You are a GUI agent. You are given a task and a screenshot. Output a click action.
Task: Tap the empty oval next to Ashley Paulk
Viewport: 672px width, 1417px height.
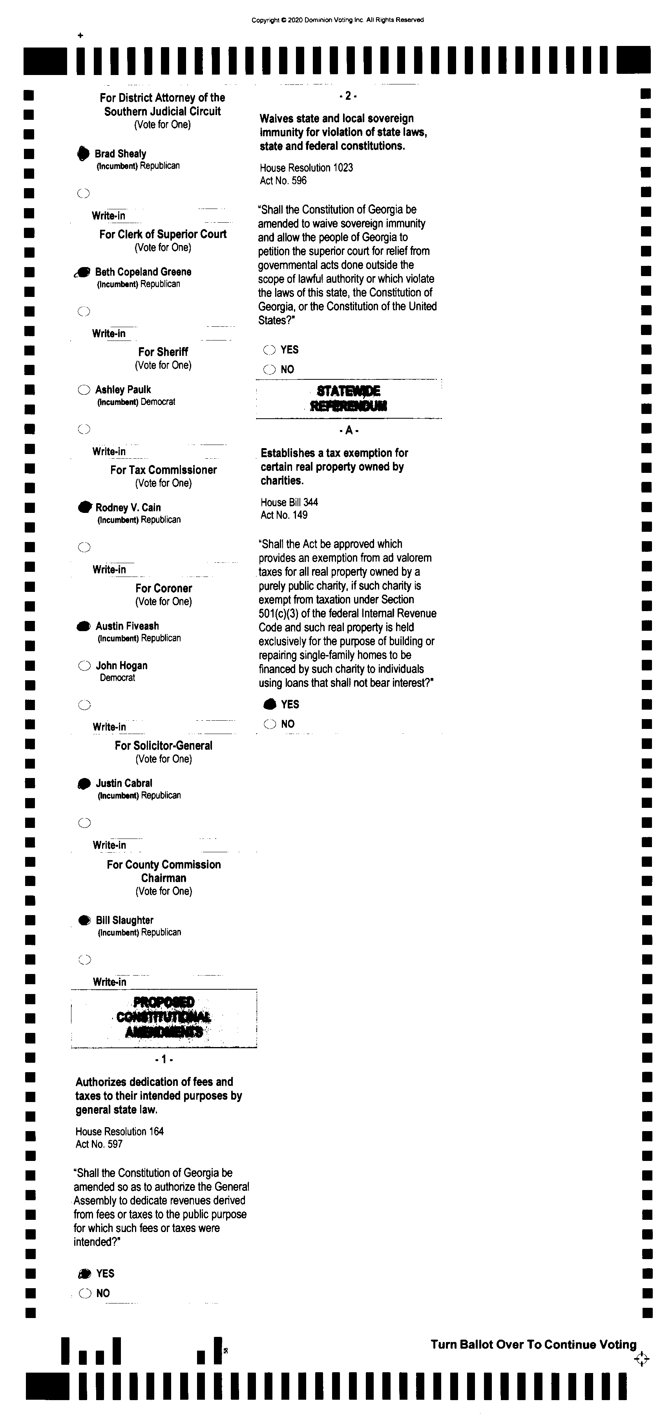tap(84, 390)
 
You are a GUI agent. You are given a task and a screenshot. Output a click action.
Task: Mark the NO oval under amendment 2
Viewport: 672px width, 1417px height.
tap(269, 370)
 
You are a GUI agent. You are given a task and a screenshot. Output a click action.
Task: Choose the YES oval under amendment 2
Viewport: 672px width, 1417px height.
tap(269, 350)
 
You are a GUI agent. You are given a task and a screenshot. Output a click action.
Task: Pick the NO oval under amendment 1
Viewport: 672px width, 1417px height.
tap(85, 1293)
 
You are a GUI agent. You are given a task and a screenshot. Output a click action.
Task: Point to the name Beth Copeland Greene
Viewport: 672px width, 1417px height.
tap(143, 272)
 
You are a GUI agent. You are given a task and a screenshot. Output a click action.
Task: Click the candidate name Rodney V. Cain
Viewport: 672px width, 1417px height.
tap(128, 507)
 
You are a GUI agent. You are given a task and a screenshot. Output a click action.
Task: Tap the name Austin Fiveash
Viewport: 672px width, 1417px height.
tap(127, 626)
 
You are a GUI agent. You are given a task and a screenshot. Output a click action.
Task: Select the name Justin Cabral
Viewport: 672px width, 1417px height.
tap(124, 783)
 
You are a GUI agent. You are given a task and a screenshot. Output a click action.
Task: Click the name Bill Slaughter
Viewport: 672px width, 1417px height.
tap(124, 920)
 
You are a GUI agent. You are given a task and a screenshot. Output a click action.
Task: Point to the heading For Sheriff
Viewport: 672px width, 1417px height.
tap(163, 352)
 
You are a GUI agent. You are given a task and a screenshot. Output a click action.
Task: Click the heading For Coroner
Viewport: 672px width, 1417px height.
tap(163, 588)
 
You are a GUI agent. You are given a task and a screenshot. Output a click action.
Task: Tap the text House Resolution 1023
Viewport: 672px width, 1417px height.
tap(306, 168)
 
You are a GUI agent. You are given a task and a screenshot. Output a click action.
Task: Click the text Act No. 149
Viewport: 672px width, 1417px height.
tap(284, 515)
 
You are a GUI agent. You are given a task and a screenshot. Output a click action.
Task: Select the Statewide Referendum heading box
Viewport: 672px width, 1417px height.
tap(349, 399)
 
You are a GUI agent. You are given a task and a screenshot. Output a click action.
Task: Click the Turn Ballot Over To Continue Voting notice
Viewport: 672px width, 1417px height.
tap(533, 1344)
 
